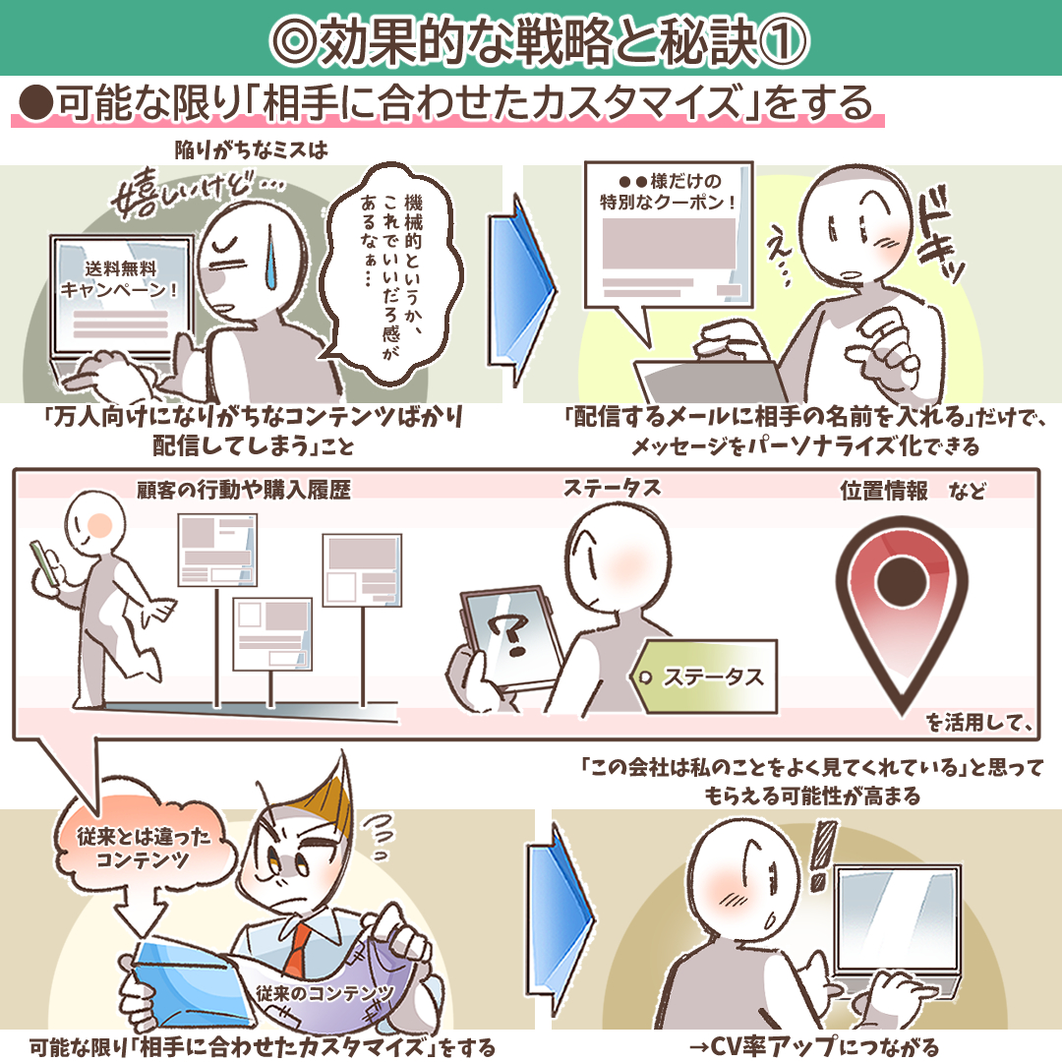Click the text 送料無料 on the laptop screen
[x=121, y=268]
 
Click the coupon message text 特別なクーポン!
[x=668, y=202]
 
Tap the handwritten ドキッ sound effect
[x=938, y=237]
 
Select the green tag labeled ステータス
[x=704, y=676]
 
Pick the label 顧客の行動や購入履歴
[x=244, y=490]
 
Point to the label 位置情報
[x=884, y=490]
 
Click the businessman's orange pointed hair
[x=325, y=799]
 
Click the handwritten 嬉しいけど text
[x=197, y=193]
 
